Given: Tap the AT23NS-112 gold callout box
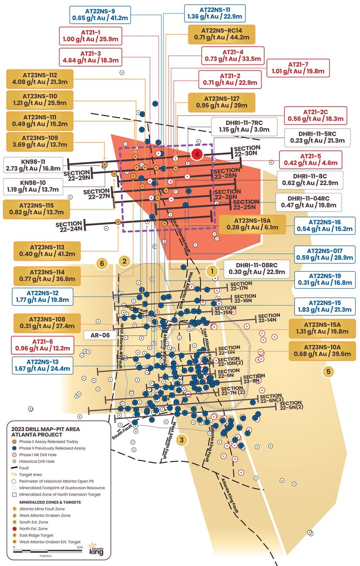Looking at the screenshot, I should [x=40, y=79].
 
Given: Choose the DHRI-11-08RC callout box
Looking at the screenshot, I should [x=254, y=268].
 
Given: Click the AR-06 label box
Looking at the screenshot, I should [x=100, y=335].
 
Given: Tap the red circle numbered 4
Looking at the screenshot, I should [x=197, y=154].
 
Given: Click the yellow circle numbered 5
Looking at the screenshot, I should [x=328, y=371].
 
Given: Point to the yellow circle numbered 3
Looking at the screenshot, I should [x=181, y=440].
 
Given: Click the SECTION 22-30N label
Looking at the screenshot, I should [x=246, y=150].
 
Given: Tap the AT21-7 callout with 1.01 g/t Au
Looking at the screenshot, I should [x=297, y=68].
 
